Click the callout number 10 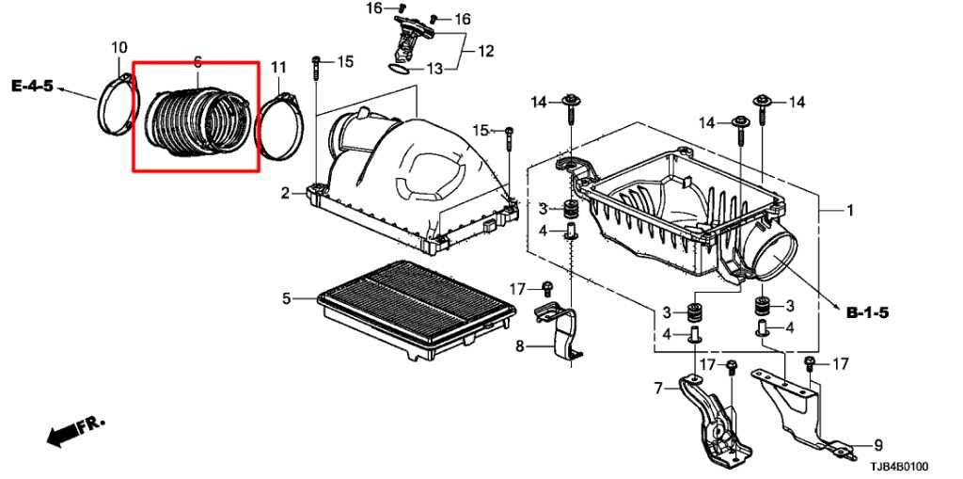point(119,47)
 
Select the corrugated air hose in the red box point(195,120)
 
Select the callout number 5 point(287,299)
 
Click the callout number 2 point(285,194)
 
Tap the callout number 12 point(485,51)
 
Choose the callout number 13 point(434,69)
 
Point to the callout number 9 point(878,445)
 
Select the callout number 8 point(518,346)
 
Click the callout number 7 point(658,387)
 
